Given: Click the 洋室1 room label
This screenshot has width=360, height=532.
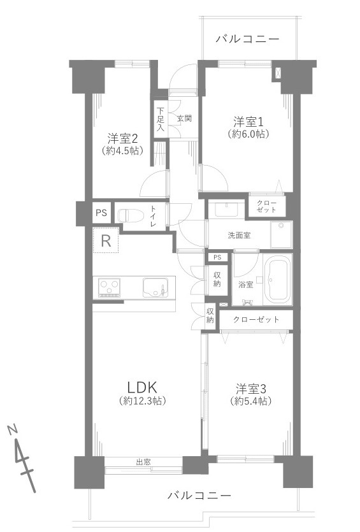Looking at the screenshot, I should pos(247,121).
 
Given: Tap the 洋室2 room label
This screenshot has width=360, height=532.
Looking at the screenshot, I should pos(122,138).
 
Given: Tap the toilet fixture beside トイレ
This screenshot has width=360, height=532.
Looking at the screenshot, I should pos(132,214).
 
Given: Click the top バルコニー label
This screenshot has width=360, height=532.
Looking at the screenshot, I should pos(247,40).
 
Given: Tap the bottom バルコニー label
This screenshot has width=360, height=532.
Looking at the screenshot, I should pos(199,495).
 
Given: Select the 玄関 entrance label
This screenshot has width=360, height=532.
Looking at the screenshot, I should pos(184,118).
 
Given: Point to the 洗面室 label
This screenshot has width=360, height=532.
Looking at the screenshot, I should pos(239,235).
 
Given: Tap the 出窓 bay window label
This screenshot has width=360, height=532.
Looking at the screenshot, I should pos(143,462).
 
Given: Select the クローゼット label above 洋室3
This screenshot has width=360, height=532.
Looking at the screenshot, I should pos(256,319).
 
